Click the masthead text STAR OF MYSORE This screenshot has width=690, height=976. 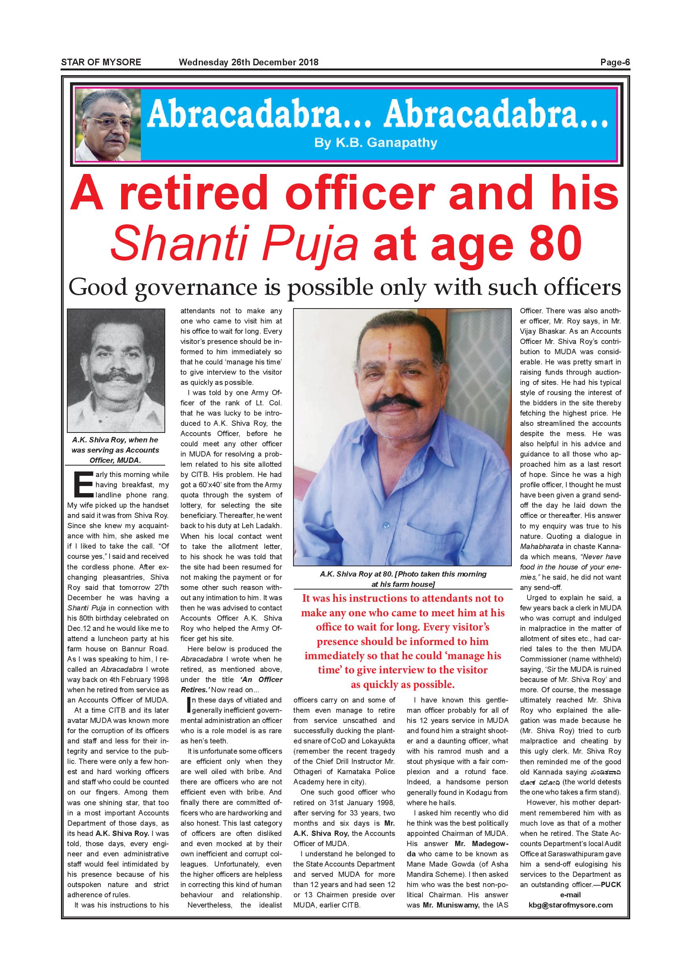tap(101, 62)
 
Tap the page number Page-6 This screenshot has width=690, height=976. tap(615, 62)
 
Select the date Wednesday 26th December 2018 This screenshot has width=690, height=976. tap(249, 62)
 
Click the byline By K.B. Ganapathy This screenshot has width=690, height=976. tap(376, 142)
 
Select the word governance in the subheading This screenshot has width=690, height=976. tap(196, 288)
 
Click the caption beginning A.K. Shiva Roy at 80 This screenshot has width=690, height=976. tap(403, 579)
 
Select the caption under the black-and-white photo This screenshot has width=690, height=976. tap(116, 450)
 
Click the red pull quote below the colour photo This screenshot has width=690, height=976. tap(403, 641)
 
